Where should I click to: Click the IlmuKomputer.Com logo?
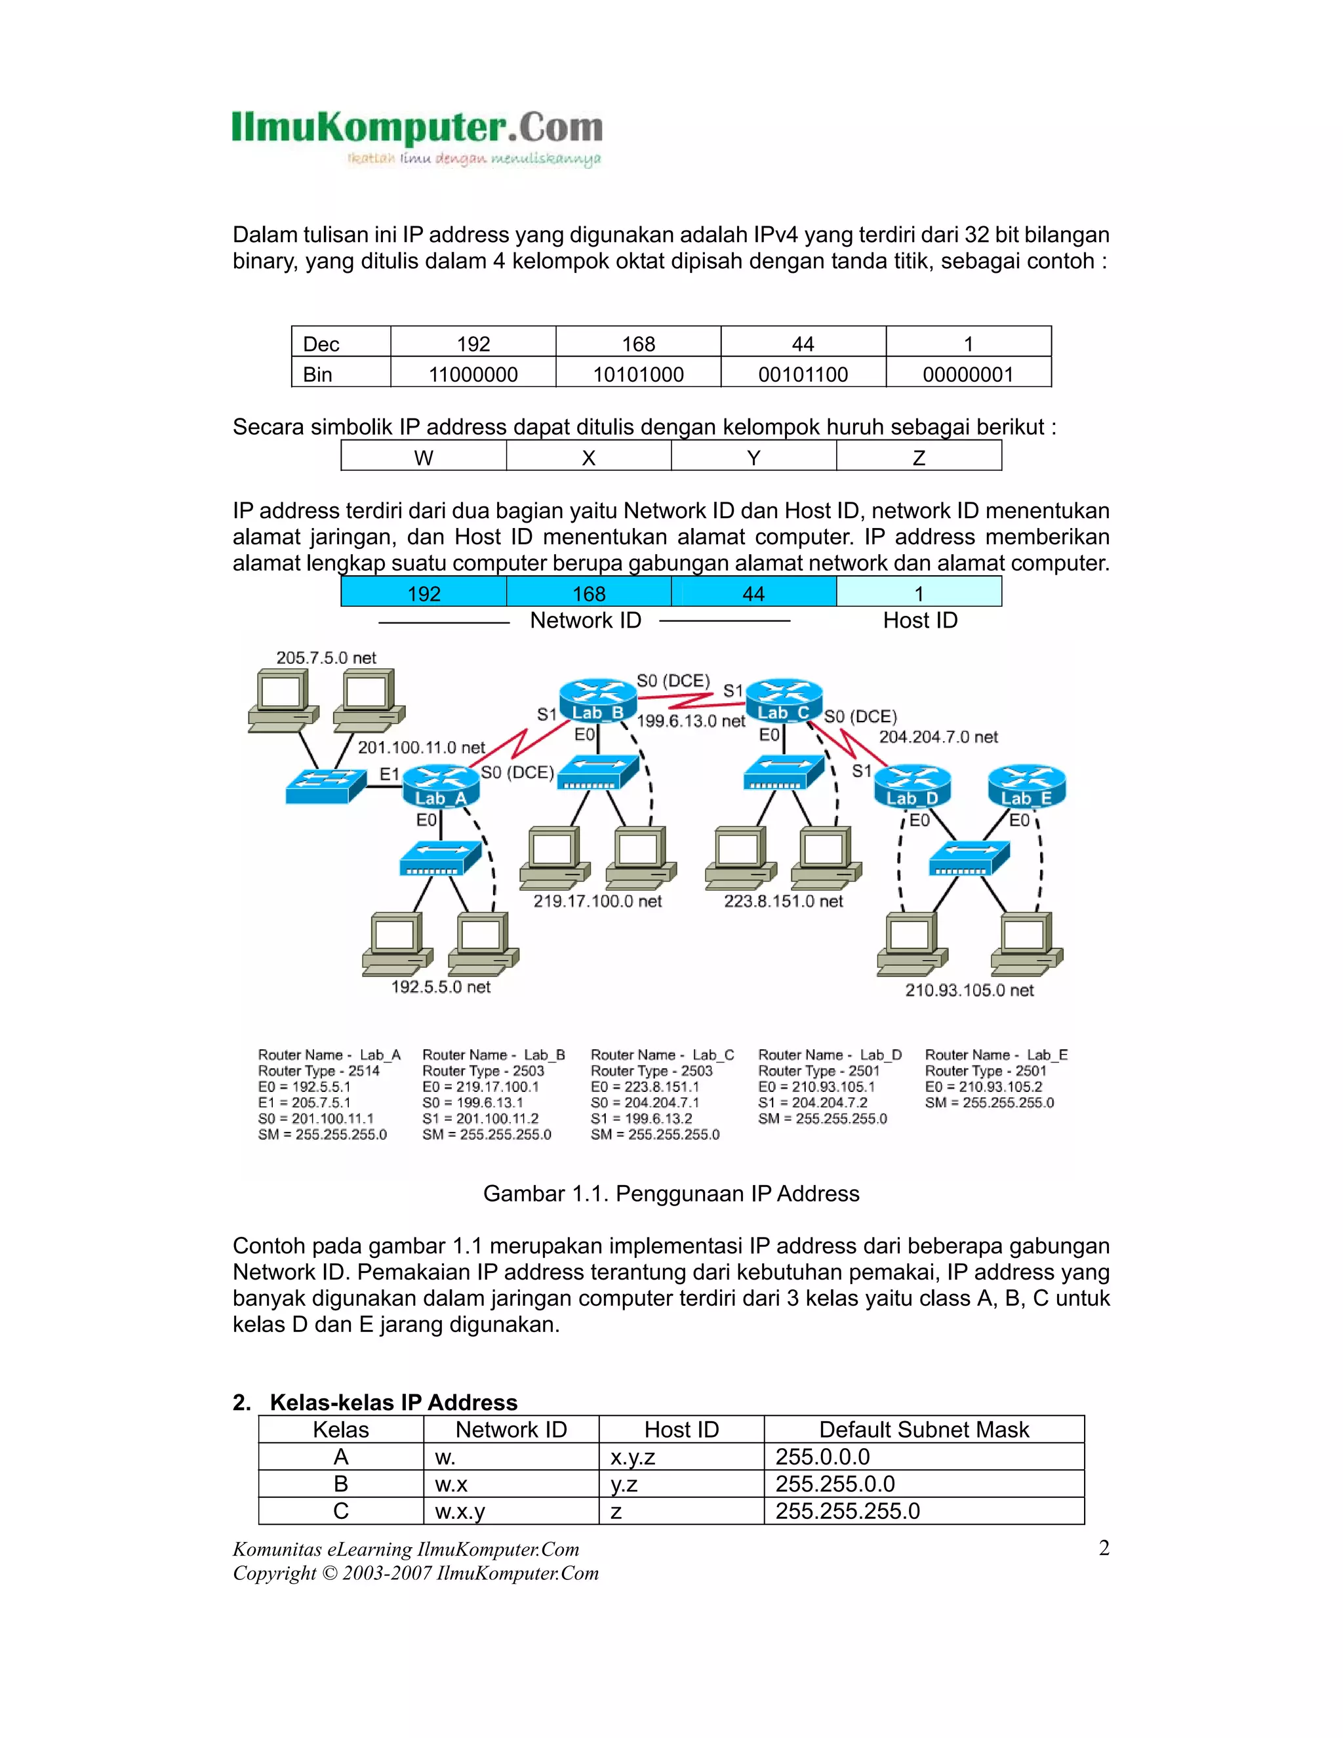(x=417, y=137)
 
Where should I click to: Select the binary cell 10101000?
(x=638, y=374)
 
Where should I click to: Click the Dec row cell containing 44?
(x=803, y=344)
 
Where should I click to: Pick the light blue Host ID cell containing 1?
(x=918, y=594)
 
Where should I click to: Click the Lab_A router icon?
(x=440, y=786)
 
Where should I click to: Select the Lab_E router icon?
(x=1026, y=786)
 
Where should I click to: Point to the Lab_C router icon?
(x=784, y=701)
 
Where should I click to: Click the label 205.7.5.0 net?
(x=326, y=658)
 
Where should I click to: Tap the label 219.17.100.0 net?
(x=597, y=901)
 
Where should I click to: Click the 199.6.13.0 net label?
(x=691, y=721)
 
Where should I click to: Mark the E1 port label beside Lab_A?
(x=388, y=775)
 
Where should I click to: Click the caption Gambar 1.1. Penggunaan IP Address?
(x=671, y=1194)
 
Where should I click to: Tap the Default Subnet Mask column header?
(x=924, y=1429)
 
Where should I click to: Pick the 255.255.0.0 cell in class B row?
(x=835, y=1484)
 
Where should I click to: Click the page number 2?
(x=1104, y=1548)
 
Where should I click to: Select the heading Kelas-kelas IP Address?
(x=393, y=1402)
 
